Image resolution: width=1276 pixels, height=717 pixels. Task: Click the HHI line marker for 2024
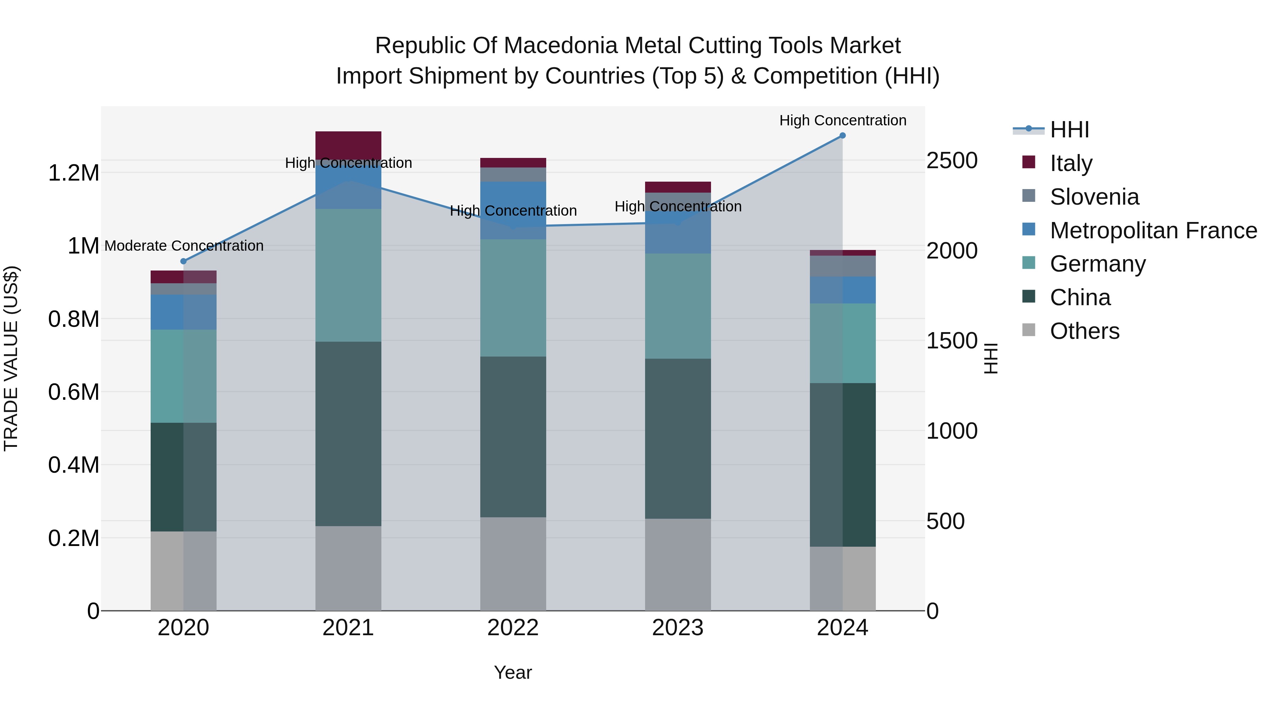pos(842,136)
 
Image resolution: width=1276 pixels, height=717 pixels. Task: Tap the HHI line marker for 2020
pos(183,261)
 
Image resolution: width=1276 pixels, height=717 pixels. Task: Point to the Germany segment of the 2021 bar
pos(348,275)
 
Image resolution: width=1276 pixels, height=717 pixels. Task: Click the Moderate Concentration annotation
pos(184,246)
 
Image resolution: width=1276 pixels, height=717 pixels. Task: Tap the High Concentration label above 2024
pos(843,121)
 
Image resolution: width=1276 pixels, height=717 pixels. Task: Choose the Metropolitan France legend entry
pos(1153,231)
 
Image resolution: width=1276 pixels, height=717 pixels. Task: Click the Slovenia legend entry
pos(1094,197)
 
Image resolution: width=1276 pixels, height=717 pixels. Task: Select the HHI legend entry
pos(1069,130)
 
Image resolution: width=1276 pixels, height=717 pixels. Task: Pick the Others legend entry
pos(1084,331)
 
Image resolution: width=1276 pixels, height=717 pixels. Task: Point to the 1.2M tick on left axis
pos(73,173)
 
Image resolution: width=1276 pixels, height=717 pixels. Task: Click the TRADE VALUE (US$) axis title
pos(11,358)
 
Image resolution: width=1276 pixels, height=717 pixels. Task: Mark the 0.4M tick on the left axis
pos(73,465)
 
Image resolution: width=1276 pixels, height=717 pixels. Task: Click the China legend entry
pos(1080,297)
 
